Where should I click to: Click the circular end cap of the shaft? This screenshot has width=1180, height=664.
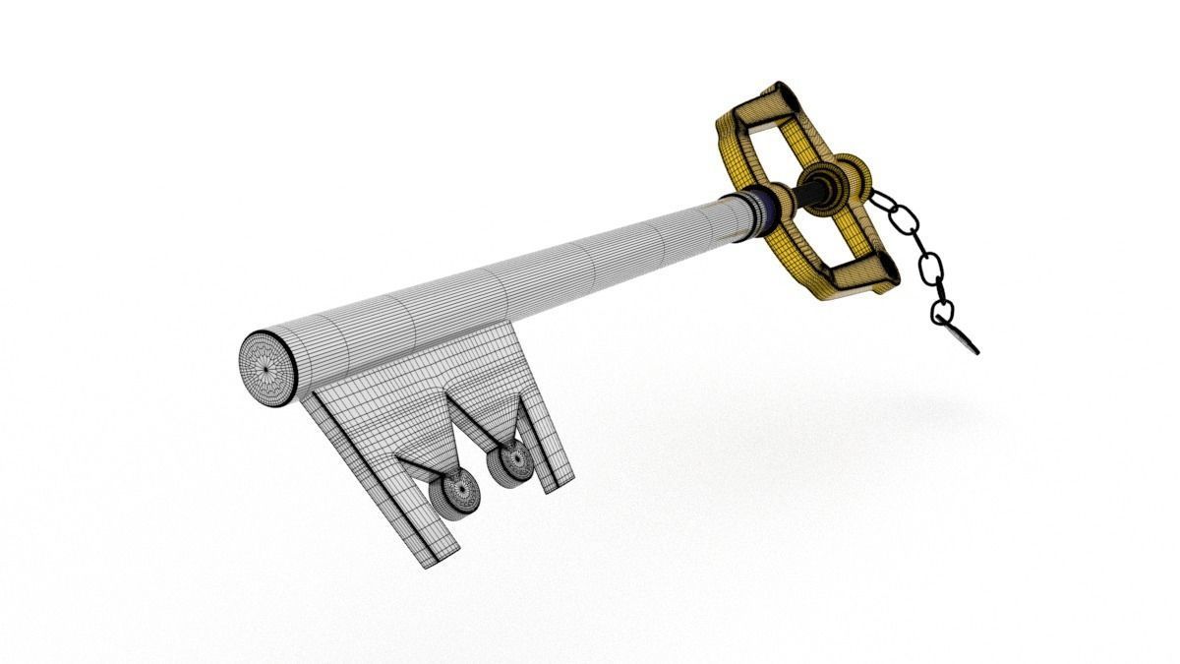click(268, 368)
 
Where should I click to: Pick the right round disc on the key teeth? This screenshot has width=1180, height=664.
click(512, 461)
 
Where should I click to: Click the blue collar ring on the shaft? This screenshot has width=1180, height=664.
click(763, 211)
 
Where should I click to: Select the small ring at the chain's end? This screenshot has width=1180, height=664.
click(942, 314)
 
